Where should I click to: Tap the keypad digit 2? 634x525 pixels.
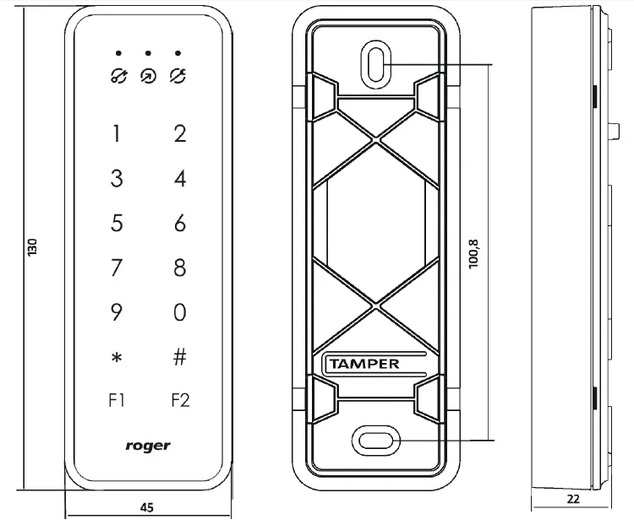(179, 133)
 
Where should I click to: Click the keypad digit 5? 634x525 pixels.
(117, 224)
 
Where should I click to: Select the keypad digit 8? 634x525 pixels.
(179, 268)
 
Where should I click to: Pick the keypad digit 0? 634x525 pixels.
(179, 313)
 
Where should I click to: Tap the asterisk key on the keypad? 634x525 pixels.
(117, 358)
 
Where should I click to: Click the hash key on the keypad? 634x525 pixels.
(179, 357)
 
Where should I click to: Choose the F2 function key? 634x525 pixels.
(179, 400)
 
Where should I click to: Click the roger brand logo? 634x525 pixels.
(149, 445)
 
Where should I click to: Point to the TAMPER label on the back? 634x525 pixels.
(363, 364)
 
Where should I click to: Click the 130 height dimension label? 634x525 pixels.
(32, 247)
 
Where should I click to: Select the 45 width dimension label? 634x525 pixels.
(145, 507)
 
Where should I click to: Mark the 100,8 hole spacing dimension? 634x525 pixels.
(473, 253)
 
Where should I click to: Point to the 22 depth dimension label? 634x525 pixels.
(573, 499)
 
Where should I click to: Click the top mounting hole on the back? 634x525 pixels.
(377, 63)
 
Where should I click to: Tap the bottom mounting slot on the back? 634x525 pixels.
(375, 440)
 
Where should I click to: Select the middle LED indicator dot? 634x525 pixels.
(148, 53)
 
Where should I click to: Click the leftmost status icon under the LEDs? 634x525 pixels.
(118, 75)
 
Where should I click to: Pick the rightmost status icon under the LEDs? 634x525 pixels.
(178, 75)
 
